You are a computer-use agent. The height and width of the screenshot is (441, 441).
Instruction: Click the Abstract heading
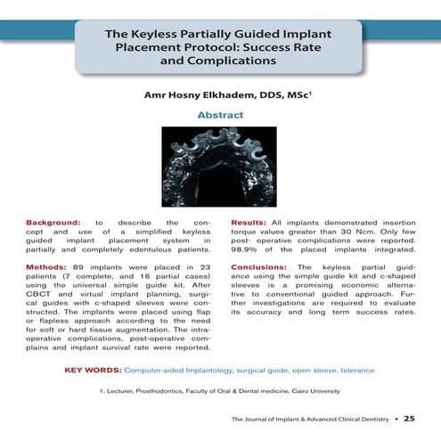220,116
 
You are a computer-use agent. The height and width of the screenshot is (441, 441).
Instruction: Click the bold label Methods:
47,267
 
